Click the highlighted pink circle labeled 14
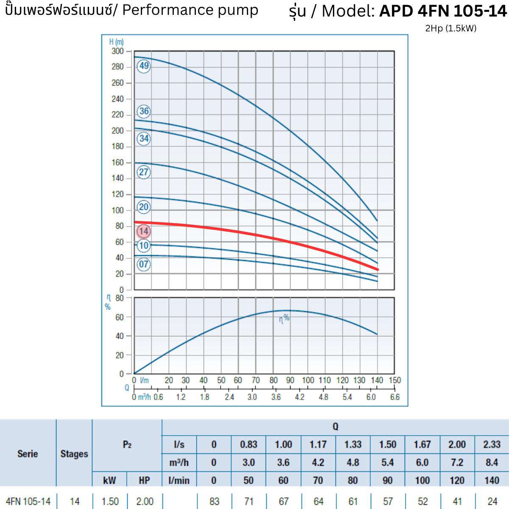pos(144,231)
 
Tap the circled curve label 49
pos(144,66)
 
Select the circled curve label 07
pos(144,264)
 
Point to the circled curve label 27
pos(144,172)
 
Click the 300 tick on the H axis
pos(117,51)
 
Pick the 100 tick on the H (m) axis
pos(117,210)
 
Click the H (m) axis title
pos(116,42)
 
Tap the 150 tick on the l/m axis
pos(394,380)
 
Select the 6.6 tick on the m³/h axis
pos(394,397)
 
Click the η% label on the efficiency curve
pos(284,318)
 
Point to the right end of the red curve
pos(377,269)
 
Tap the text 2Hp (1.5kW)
pos(450,28)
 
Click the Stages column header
pos(74,453)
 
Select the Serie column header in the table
pos(28,453)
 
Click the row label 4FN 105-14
pos(28,501)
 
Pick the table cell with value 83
pos(214,501)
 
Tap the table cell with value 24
pos(492,501)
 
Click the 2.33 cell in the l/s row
pos(492,445)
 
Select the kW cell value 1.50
pos(110,501)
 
